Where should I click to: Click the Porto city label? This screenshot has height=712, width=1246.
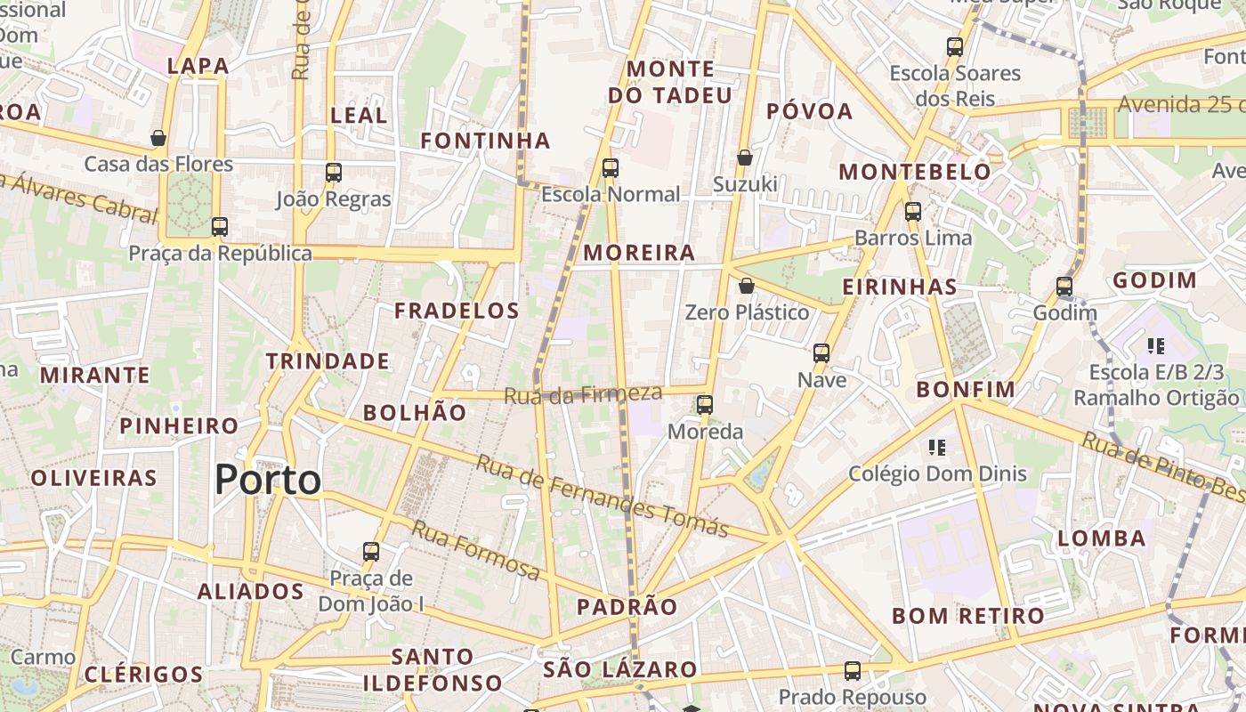[x=267, y=481]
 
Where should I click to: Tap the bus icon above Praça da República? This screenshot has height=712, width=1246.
[x=220, y=227]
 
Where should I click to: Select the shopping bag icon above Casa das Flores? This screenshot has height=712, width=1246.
[x=158, y=138]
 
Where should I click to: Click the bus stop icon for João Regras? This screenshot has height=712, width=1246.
[x=334, y=173]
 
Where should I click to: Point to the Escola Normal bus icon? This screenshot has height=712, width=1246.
[x=611, y=168]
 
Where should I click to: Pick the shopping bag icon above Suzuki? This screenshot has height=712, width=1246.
[x=745, y=158]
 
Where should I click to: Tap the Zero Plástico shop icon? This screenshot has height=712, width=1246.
[x=747, y=286]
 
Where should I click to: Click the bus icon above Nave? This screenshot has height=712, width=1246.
[x=821, y=353]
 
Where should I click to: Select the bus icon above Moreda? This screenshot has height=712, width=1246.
[x=705, y=405]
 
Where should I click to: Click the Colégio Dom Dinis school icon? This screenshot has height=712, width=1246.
[x=936, y=447]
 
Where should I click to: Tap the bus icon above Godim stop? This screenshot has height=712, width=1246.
[x=1064, y=287]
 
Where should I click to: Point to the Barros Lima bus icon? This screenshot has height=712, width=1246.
[x=913, y=212]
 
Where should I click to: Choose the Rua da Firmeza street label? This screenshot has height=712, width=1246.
[x=583, y=394]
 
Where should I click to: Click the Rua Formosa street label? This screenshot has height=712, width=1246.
[x=475, y=549]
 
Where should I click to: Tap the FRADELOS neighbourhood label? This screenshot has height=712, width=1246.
[x=457, y=311]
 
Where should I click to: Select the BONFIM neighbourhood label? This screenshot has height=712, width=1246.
[x=966, y=390]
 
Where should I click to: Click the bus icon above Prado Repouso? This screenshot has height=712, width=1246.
[x=853, y=671]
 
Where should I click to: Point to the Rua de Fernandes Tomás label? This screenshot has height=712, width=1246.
[x=602, y=496]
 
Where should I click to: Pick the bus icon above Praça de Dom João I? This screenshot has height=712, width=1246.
[x=371, y=552]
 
